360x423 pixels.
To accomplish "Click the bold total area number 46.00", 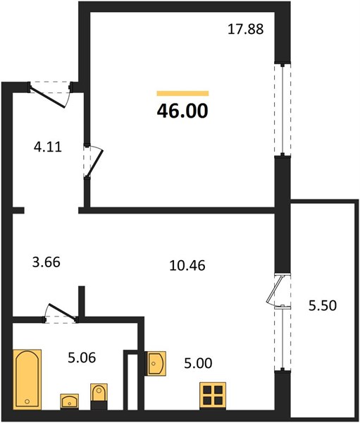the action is (x=182, y=111).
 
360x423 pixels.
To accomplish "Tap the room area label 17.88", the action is (x=245, y=29).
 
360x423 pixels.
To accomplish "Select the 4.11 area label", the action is (x=48, y=147).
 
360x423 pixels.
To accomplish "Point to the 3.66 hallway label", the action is (x=46, y=262).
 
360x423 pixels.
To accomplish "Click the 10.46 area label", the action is (x=187, y=266).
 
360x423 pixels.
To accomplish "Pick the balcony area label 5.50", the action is (x=323, y=306).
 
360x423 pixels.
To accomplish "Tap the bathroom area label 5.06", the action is (x=82, y=357).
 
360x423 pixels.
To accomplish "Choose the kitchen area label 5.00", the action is (x=198, y=363).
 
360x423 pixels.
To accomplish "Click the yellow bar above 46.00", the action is (x=183, y=93).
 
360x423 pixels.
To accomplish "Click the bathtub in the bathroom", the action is (x=27, y=379).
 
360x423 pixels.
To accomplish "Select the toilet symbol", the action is (x=99, y=396).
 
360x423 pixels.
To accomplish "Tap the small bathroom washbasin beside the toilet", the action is (x=70, y=402).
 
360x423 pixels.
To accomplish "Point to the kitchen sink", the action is (x=155, y=363).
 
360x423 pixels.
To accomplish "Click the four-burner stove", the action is (x=213, y=396).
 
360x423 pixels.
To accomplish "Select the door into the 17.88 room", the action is (x=93, y=161).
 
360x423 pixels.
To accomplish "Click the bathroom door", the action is (x=61, y=313).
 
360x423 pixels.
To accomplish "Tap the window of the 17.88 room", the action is (x=283, y=109).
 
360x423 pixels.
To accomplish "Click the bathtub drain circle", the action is (x=27, y=402).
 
